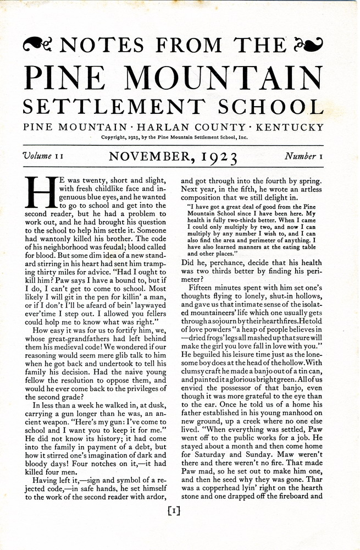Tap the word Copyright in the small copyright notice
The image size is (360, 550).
click(x=115, y=137)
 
